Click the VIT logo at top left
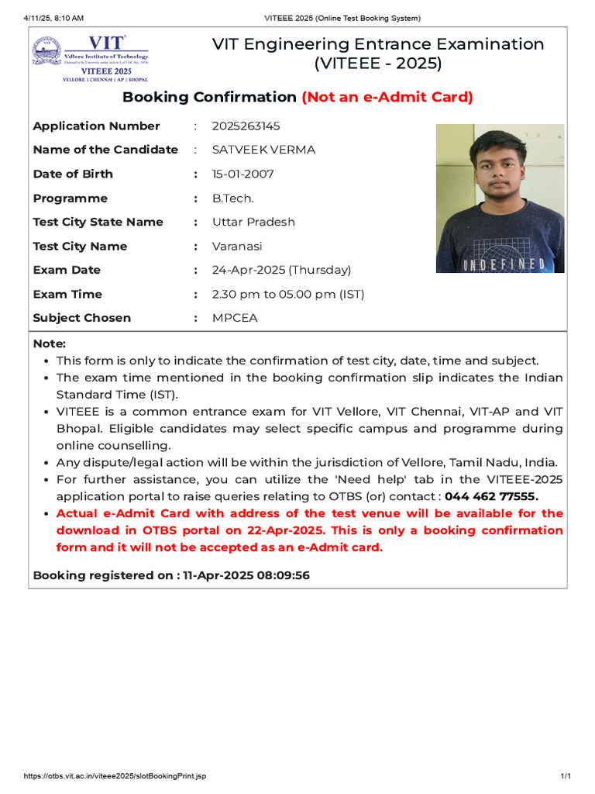(x=90, y=58)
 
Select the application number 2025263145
(x=246, y=126)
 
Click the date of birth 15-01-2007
(x=242, y=174)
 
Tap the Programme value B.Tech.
(x=232, y=198)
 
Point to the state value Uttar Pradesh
(x=253, y=222)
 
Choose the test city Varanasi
(x=237, y=246)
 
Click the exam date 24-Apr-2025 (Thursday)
(x=281, y=270)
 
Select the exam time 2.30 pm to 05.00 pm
(x=287, y=294)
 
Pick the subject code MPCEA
(x=235, y=318)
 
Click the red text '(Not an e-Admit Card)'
(x=387, y=97)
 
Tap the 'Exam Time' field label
(x=67, y=294)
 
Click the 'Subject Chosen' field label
(x=82, y=318)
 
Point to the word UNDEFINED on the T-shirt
(x=504, y=265)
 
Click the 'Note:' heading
(x=50, y=343)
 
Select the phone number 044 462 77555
(x=491, y=496)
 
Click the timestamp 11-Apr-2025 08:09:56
(x=246, y=575)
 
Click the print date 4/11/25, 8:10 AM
(x=53, y=18)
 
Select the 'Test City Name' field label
(x=80, y=246)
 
